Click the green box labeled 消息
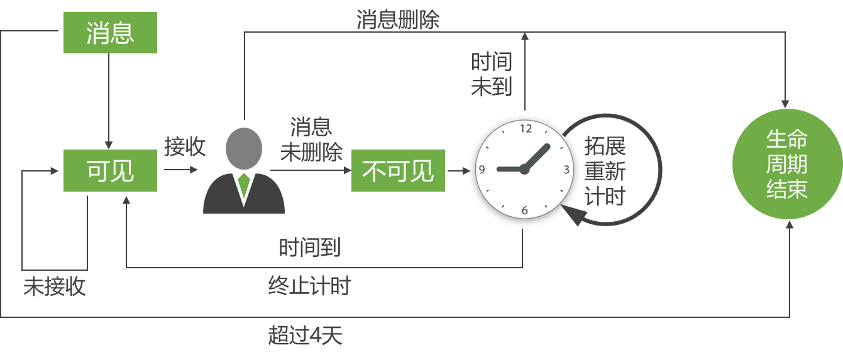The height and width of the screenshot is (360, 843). pyautogui.click(x=110, y=33)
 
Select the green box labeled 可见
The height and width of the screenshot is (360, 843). pyautogui.click(x=110, y=170)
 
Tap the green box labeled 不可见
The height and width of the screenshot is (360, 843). pyautogui.click(x=398, y=170)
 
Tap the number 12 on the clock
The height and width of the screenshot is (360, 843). pyautogui.click(x=526, y=129)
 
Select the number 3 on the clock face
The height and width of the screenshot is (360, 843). pyautogui.click(x=566, y=169)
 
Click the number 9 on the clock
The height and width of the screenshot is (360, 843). pyautogui.click(x=482, y=169)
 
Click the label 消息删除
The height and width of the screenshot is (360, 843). pyautogui.click(x=398, y=20)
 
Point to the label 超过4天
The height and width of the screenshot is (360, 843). pyautogui.click(x=306, y=335)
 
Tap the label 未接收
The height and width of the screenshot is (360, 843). pyautogui.click(x=55, y=286)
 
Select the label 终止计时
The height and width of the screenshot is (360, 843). pyautogui.click(x=309, y=286)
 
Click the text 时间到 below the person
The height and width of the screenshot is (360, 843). pyautogui.click(x=310, y=247)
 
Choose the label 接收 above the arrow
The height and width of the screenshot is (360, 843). pyautogui.click(x=185, y=146)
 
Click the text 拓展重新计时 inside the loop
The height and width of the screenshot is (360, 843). pyautogui.click(x=605, y=171)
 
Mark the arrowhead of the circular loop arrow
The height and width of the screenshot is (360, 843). pyautogui.click(x=573, y=217)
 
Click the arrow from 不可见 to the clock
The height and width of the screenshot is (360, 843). pyautogui.click(x=459, y=170)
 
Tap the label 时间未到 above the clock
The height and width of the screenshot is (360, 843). pyautogui.click(x=492, y=74)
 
